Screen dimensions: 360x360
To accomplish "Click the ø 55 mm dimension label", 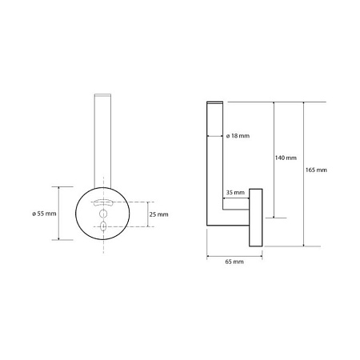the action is [44, 214].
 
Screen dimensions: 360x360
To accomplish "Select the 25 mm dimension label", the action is [158, 214].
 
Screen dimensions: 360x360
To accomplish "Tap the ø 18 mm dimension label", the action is [238, 136].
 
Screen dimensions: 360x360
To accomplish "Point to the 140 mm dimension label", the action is [286, 158].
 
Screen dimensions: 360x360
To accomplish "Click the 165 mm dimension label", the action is [316, 170].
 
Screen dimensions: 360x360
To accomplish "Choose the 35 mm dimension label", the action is [235, 192].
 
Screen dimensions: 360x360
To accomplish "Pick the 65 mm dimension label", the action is [234, 262].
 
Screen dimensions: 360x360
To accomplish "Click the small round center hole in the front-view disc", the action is [103, 214].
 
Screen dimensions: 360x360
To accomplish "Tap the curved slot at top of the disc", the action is [103, 203].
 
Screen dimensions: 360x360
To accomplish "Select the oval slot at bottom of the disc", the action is [103, 226].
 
